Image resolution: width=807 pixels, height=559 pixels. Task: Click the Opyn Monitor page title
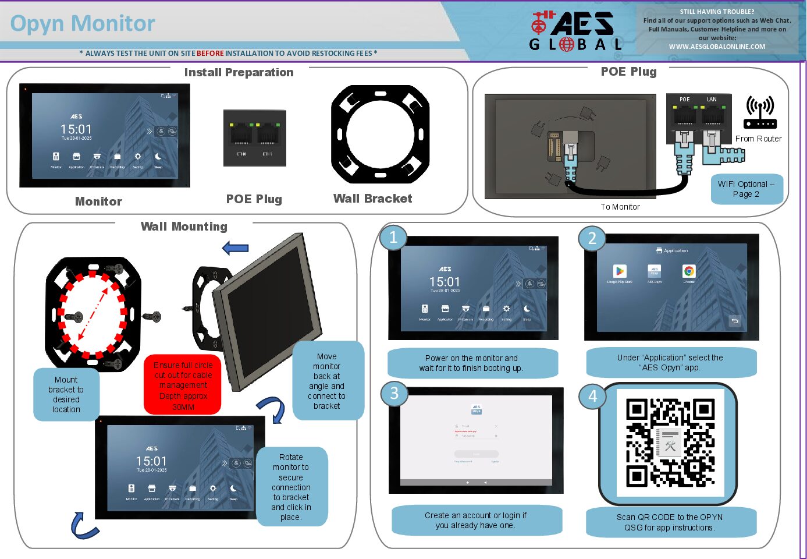point(83,24)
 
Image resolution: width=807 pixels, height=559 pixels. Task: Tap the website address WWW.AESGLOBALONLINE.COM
point(717,47)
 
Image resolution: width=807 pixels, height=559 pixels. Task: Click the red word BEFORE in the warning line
point(210,54)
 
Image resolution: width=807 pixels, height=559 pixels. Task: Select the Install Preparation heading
point(239,72)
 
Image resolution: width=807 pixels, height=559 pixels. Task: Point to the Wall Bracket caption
point(372,199)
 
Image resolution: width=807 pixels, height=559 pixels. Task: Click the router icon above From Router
point(760,112)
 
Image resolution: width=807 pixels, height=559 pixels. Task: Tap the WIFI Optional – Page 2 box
point(746,189)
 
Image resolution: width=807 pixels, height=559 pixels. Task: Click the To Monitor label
point(620,207)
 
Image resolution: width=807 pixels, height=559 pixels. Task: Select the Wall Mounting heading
point(184,227)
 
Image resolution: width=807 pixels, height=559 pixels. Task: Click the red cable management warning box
point(183,385)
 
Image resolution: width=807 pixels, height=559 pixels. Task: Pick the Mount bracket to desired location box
point(66,394)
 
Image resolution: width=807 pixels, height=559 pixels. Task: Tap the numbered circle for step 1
point(393,238)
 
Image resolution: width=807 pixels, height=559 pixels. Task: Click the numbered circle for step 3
point(394,394)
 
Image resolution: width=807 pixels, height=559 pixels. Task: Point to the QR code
point(670,443)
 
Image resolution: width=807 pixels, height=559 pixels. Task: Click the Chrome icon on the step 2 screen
point(689,271)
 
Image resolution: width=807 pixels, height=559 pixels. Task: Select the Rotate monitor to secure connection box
point(291,487)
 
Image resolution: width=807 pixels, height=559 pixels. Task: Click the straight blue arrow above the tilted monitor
point(236,248)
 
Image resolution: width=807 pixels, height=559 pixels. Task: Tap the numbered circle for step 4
point(592,396)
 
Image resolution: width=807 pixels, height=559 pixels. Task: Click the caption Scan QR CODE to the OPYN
point(670,517)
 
